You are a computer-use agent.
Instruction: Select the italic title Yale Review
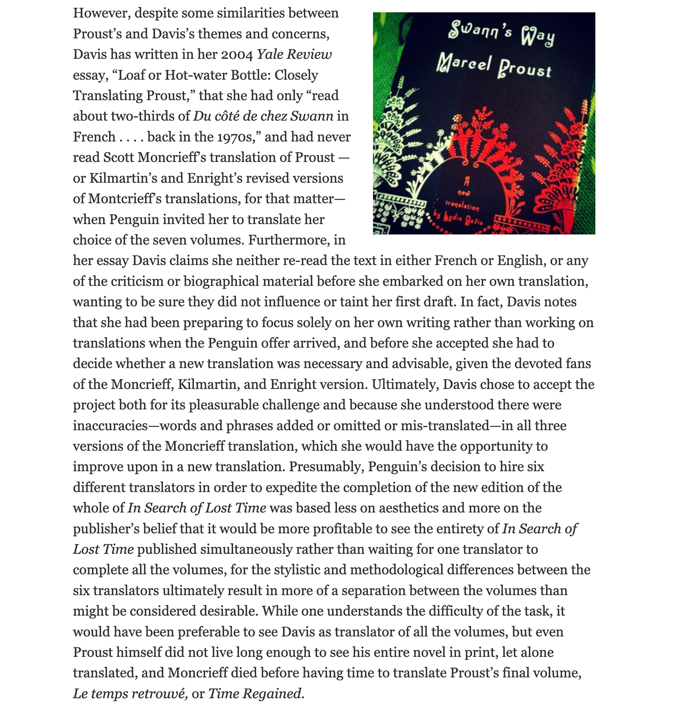click(x=294, y=54)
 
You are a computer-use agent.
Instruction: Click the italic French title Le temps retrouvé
click(x=130, y=693)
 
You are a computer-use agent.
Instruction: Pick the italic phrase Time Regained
click(x=255, y=693)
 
